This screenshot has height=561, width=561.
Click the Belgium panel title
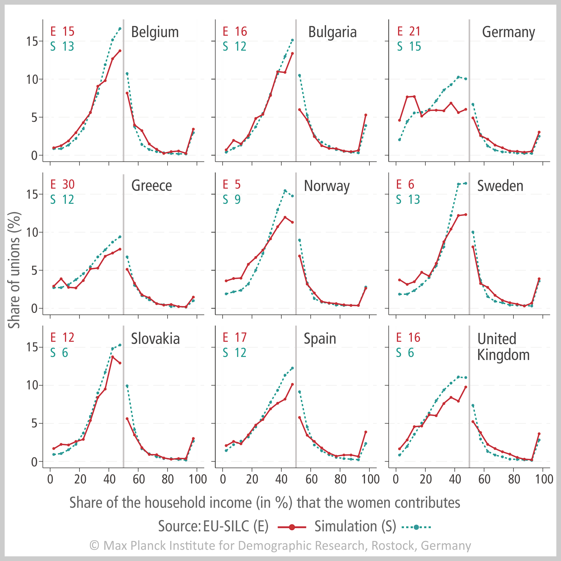click(155, 32)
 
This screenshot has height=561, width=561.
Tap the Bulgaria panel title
click(332, 32)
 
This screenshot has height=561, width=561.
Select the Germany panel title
click(508, 32)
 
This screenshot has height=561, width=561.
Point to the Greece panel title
click(151, 186)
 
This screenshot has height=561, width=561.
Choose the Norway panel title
click(327, 186)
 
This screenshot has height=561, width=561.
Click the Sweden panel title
click(500, 186)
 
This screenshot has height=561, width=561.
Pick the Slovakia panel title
click(155, 339)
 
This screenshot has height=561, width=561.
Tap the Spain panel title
click(320, 339)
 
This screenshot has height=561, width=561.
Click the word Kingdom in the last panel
click(503, 355)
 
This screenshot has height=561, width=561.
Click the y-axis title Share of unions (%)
click(14, 270)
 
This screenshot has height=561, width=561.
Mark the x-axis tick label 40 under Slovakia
click(109, 479)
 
